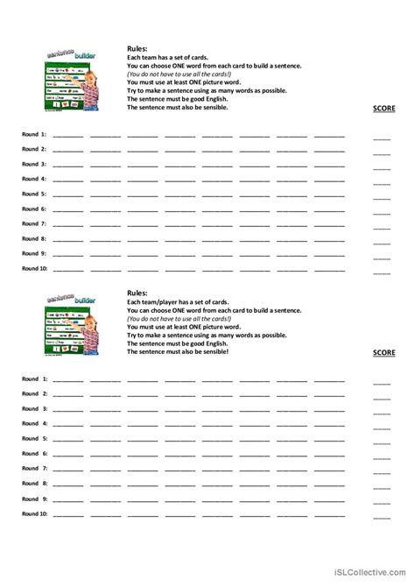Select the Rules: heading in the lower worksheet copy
point(137,293)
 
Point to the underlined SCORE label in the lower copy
point(384,352)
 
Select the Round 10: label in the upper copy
point(35,268)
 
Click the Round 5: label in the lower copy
point(35,438)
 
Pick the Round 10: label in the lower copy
point(35,513)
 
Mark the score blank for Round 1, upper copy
point(382,138)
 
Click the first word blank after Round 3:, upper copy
point(68,166)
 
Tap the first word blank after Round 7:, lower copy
point(68,470)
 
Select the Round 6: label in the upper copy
point(35,209)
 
